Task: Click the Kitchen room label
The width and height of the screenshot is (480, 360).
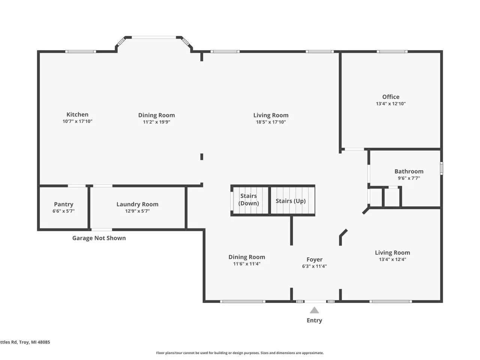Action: tap(77, 114)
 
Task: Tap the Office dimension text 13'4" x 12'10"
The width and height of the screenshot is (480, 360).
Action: tap(390, 103)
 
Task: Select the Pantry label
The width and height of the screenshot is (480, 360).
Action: tap(64, 204)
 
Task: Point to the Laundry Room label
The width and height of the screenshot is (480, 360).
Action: tap(137, 204)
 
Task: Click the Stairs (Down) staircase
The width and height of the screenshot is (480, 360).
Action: tap(250, 200)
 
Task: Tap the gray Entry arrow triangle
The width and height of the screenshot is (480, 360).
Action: tap(314, 310)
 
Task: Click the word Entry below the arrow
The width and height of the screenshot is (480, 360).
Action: tap(314, 320)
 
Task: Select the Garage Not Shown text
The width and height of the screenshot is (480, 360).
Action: tap(99, 238)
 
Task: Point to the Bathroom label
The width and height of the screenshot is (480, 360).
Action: tap(409, 171)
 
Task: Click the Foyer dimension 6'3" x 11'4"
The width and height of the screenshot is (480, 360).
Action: tap(314, 266)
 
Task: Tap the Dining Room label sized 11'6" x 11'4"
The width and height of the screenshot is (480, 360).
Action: tap(247, 257)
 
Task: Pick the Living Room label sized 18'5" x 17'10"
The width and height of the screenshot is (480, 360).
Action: tap(271, 115)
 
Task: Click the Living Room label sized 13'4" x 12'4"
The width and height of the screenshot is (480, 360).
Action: tap(392, 252)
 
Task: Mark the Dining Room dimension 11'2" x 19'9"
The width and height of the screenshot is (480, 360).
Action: tap(157, 122)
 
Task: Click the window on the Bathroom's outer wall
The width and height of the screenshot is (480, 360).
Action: tap(441, 168)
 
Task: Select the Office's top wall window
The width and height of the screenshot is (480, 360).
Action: tap(392, 52)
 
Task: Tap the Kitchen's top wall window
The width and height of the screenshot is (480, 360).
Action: tap(81, 52)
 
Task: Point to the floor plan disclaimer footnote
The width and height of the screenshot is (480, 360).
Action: tap(240, 353)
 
